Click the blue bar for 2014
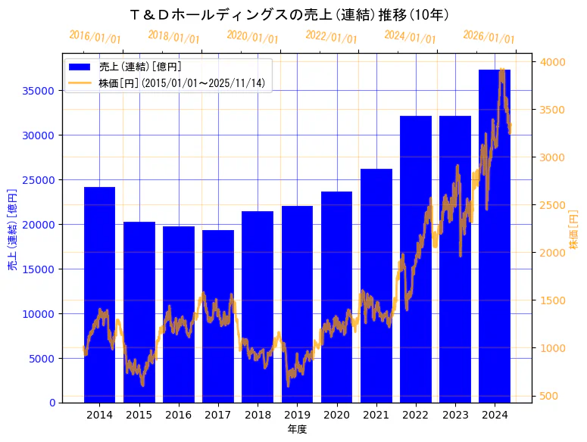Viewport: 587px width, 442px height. point(99,294)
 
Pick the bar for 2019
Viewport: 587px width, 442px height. point(297,303)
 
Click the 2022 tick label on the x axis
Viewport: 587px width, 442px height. point(416,416)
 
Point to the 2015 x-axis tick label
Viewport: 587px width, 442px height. point(139,416)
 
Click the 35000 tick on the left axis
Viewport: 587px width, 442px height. point(38,91)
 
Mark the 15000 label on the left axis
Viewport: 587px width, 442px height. point(38,269)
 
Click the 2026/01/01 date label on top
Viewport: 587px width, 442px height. point(489,37)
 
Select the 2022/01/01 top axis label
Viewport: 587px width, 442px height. point(331,36)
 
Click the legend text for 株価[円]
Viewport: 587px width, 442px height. point(182,83)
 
